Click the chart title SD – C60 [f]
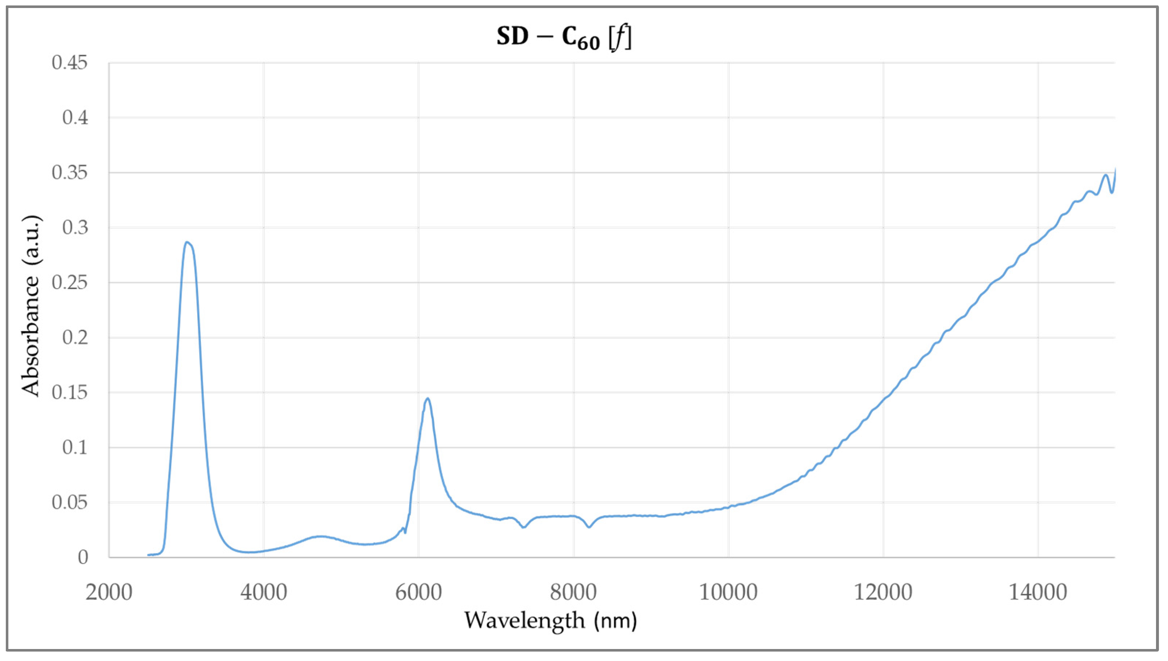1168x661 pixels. [x=563, y=38]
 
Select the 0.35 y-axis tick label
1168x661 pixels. [x=69, y=173]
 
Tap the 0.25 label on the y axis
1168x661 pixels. [x=69, y=283]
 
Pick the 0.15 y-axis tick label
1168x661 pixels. [x=69, y=392]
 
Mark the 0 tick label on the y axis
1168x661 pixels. [x=82, y=557]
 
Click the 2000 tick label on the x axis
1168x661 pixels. [x=109, y=592]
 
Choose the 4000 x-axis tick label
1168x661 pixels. [x=264, y=592]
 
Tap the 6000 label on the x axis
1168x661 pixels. [x=418, y=592]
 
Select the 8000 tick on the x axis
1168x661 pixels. [x=573, y=592]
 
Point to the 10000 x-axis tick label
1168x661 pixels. [x=728, y=592]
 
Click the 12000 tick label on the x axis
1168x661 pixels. [x=883, y=592]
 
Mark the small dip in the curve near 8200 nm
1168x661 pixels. [x=589, y=527]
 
